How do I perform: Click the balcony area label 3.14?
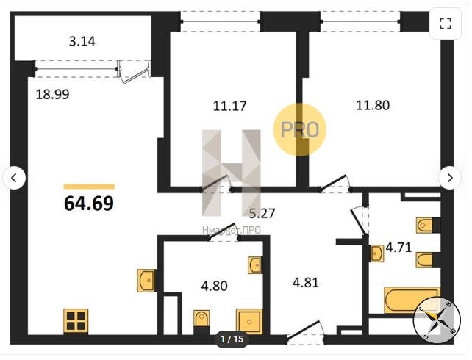tap(82, 41)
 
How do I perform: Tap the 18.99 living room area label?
tap(52, 95)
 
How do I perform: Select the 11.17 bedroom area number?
tap(229, 106)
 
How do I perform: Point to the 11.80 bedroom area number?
tap(373, 105)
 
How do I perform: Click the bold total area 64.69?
tap(89, 204)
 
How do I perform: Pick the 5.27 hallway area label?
tap(262, 213)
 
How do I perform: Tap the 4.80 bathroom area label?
tap(215, 286)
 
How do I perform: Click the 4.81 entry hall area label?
tap(306, 283)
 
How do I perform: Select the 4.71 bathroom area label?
tap(398, 248)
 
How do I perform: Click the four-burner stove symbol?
tap(76, 321)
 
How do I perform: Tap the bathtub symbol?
tap(412, 300)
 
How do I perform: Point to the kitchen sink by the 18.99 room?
tap(146, 281)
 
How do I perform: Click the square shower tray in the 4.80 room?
tap(249, 322)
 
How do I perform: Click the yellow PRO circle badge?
tap(300, 129)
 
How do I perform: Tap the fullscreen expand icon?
tap(446, 24)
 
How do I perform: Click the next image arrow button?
tap(450, 178)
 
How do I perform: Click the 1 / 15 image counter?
tap(232, 339)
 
